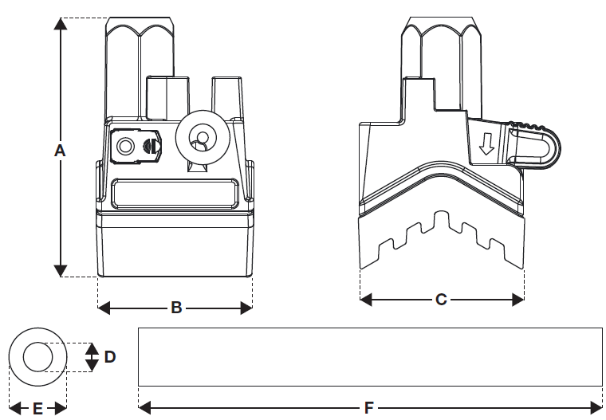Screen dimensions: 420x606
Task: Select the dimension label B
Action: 176,306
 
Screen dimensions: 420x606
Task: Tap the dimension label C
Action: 441,300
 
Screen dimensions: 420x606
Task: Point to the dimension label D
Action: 110,356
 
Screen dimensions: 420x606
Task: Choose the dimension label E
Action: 37,408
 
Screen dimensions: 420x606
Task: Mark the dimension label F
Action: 369,408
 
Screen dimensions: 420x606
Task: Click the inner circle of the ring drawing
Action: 37,355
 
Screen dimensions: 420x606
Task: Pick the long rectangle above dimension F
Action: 370,356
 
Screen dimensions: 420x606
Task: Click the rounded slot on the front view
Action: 172,193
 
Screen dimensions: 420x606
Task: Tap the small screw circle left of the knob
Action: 125,146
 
